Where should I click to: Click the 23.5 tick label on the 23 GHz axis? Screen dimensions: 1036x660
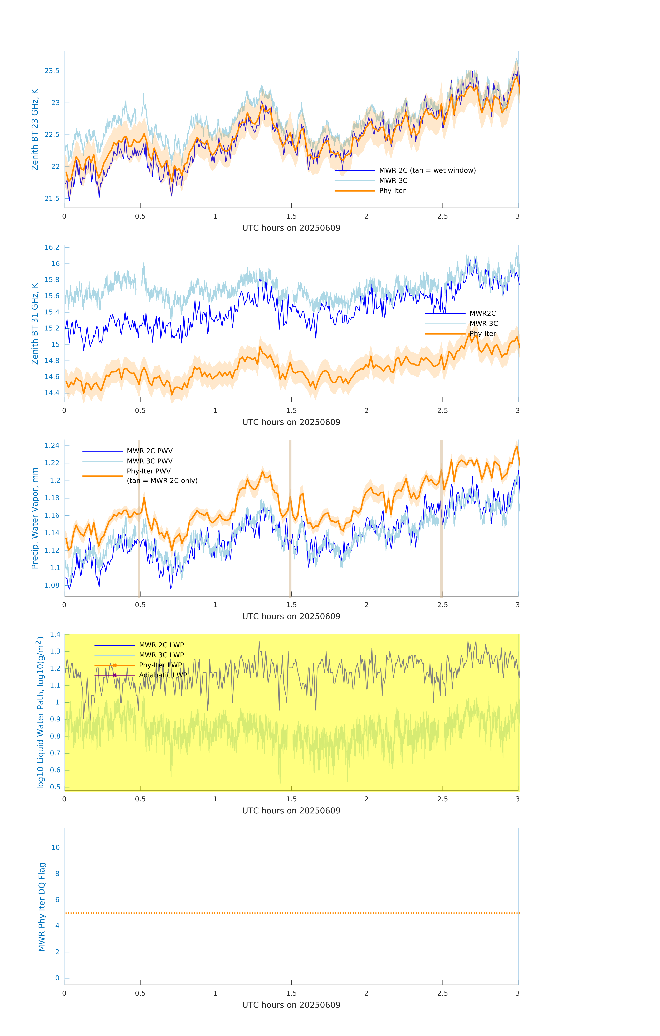(x=52, y=71)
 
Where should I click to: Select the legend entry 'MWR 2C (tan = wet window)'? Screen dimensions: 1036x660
(x=427, y=170)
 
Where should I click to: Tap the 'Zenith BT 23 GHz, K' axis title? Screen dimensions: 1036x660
(x=35, y=129)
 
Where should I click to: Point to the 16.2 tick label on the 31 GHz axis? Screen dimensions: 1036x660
(x=52, y=247)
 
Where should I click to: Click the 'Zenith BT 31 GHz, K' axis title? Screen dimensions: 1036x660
(x=35, y=324)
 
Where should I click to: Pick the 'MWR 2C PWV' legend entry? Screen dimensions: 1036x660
(x=149, y=451)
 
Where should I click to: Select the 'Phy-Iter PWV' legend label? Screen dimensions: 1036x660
(x=148, y=471)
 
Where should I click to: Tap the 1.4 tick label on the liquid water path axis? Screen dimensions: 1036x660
(x=55, y=634)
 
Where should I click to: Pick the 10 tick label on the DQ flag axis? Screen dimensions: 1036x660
(x=55, y=848)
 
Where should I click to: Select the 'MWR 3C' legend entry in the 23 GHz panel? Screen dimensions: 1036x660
(x=393, y=181)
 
